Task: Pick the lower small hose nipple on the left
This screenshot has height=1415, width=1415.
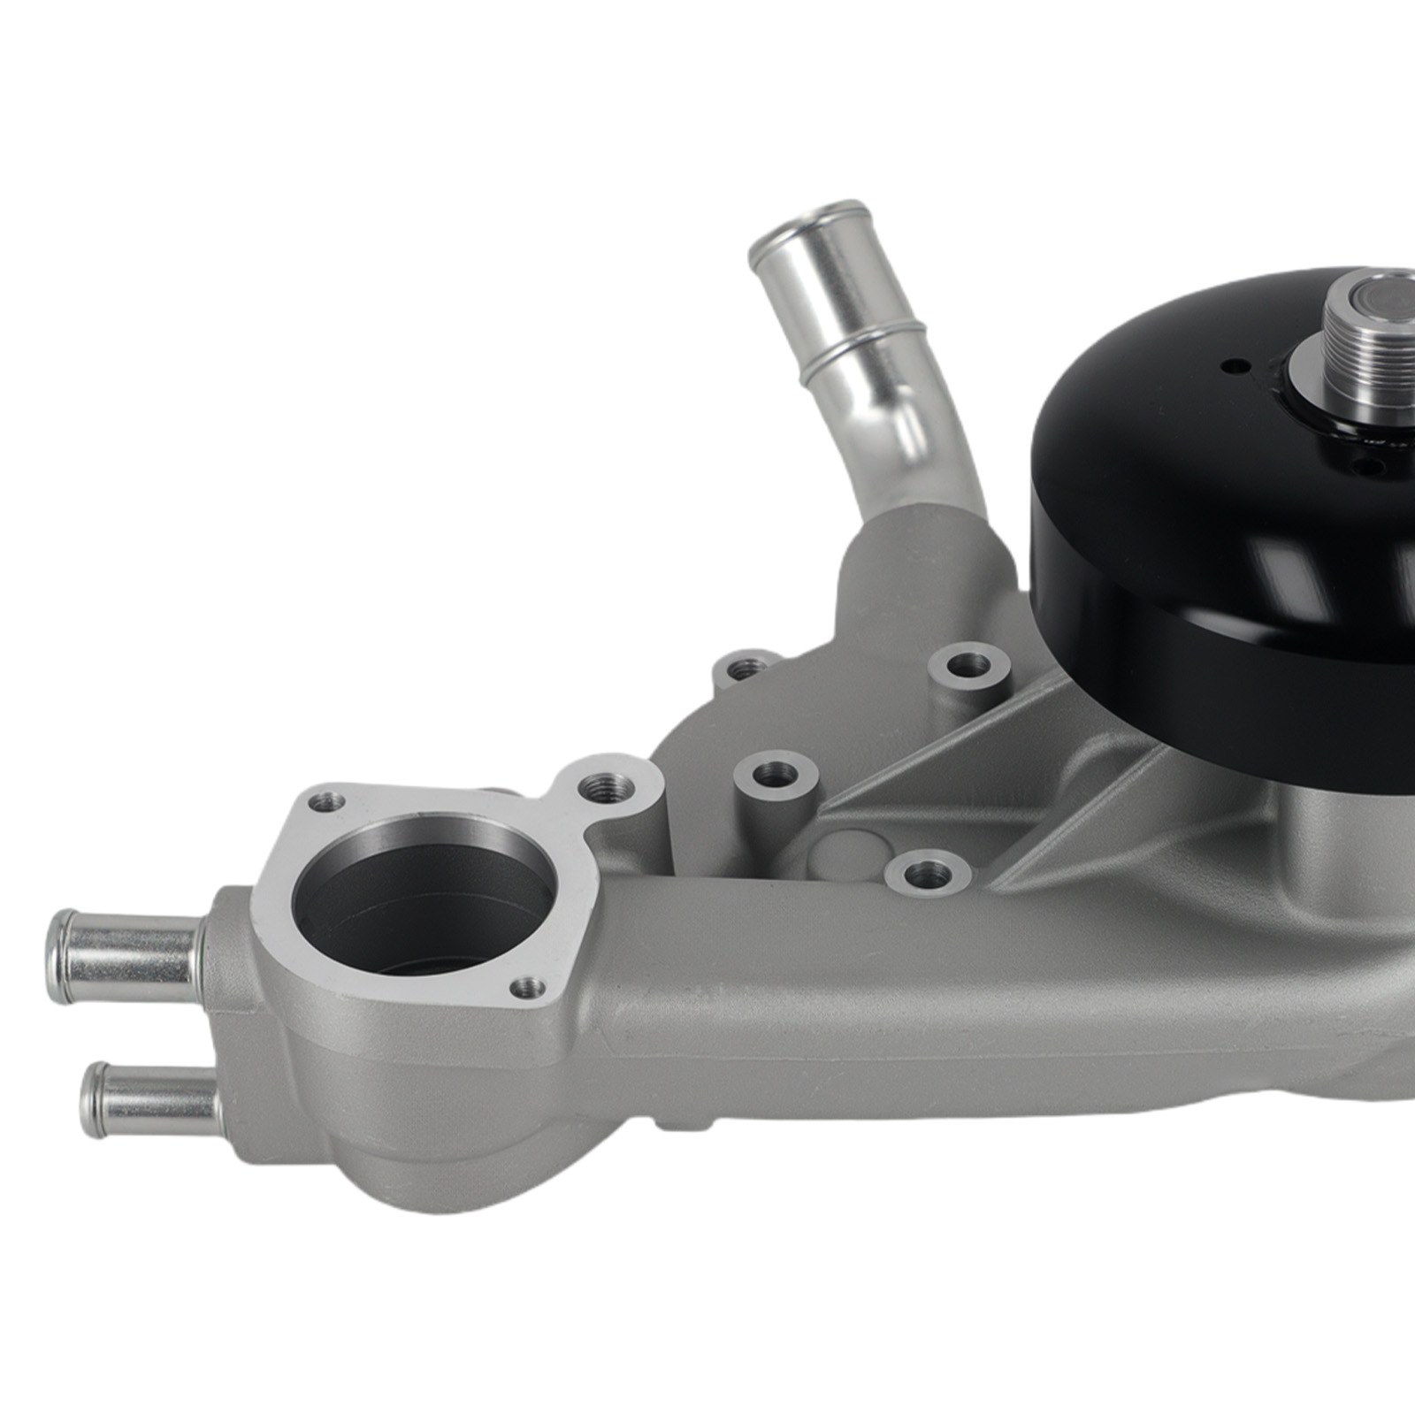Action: coord(150,1100)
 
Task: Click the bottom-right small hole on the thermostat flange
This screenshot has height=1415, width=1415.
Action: coord(529,986)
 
